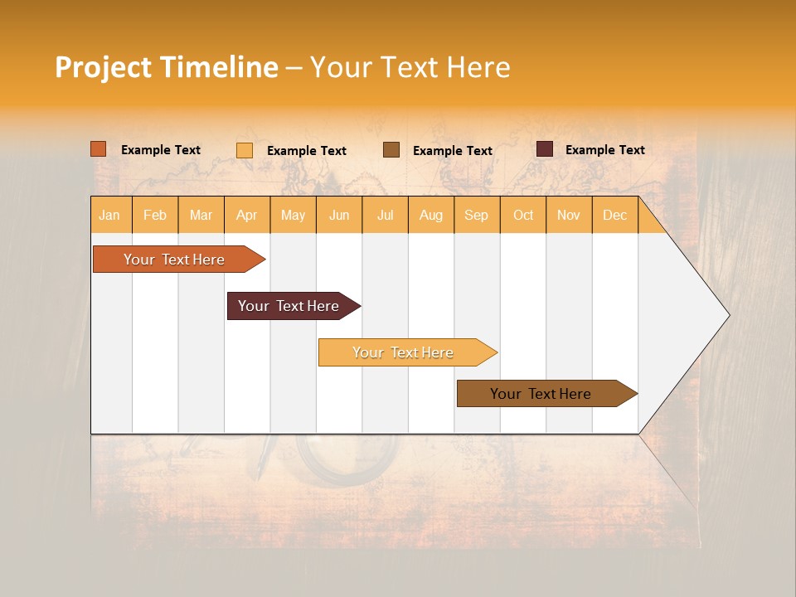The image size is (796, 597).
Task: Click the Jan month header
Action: click(x=110, y=215)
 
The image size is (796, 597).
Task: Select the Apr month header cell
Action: click(x=247, y=215)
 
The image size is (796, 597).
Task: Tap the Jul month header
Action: click(x=385, y=215)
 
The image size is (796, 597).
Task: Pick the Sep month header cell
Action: click(x=477, y=215)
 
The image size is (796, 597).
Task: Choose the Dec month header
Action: click(x=614, y=215)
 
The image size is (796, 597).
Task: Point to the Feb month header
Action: click(x=155, y=215)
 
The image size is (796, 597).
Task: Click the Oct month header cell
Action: click(x=523, y=215)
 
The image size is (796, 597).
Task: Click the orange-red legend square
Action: click(x=99, y=149)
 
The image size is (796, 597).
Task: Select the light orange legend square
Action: click(x=245, y=150)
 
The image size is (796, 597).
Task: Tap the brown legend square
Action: click(x=391, y=149)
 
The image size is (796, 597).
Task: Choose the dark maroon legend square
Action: click(x=545, y=149)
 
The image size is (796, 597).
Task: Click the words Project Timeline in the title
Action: click(x=166, y=67)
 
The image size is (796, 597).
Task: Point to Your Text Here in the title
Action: click(x=410, y=67)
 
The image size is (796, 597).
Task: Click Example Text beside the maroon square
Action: click(x=604, y=150)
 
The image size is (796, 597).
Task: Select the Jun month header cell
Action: click(x=339, y=215)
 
